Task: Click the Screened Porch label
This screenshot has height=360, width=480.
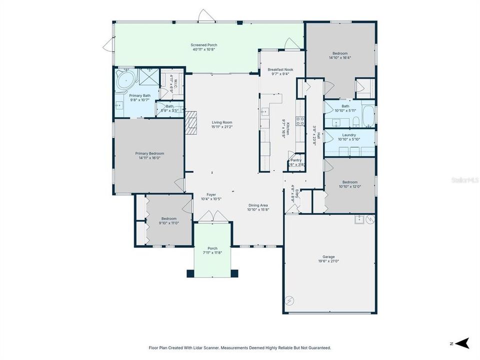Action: (x=205, y=45)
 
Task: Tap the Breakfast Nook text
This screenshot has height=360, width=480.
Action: (x=280, y=69)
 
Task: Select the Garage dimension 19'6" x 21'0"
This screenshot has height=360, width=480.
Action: (x=328, y=261)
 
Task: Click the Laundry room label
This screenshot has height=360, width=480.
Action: (x=349, y=135)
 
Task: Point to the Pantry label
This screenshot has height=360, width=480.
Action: (x=296, y=160)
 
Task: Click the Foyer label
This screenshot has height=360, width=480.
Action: (x=211, y=194)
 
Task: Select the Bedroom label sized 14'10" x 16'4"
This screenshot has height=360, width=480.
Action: (x=340, y=57)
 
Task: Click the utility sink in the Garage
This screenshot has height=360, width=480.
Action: (x=359, y=219)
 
